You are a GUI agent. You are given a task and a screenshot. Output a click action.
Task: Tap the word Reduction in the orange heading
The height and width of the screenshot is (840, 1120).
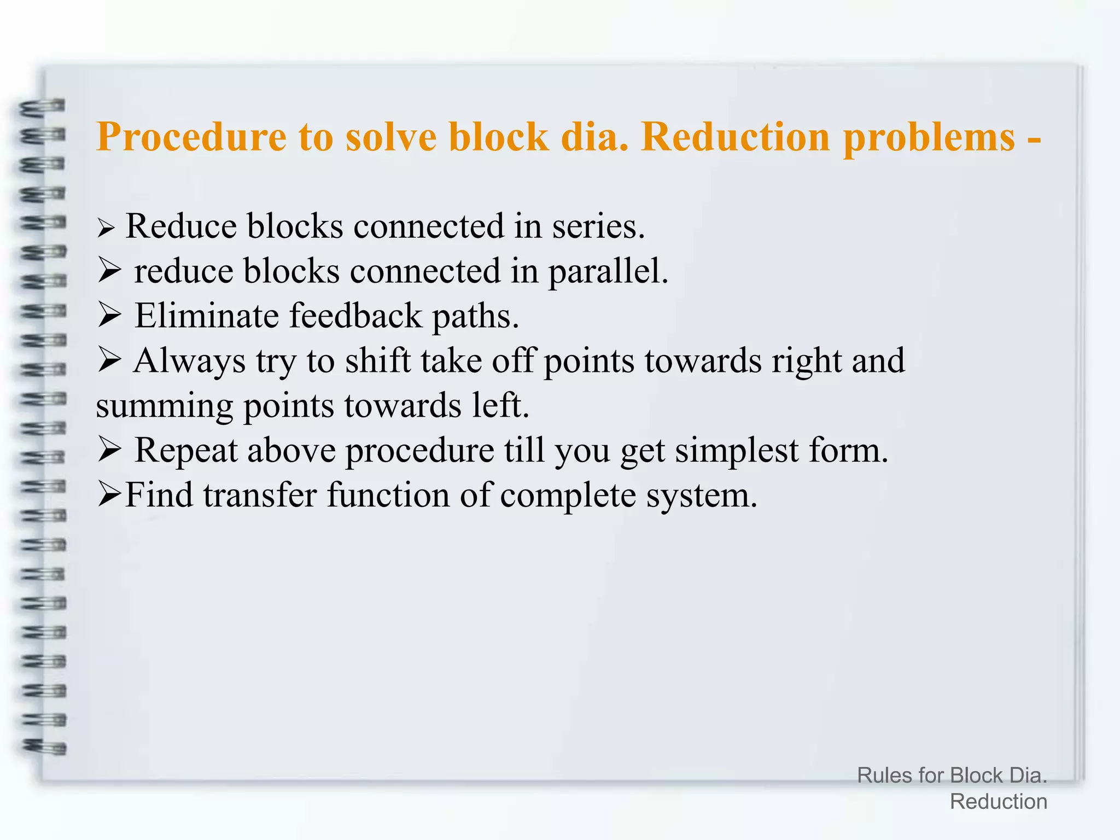coord(736,137)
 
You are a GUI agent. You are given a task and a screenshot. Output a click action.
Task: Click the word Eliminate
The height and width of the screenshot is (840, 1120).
coord(206,316)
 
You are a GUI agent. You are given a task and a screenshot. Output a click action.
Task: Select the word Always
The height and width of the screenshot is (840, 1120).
coord(190,361)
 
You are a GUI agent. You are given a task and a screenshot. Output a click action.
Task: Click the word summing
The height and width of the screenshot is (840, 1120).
coord(164,406)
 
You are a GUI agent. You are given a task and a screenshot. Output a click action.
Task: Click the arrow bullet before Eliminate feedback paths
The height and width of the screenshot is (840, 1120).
coord(109,316)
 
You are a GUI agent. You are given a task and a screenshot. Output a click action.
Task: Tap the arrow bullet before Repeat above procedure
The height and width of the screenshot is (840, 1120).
coord(109,451)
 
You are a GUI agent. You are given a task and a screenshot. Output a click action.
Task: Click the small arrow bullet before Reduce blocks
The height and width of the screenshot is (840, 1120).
coord(106,228)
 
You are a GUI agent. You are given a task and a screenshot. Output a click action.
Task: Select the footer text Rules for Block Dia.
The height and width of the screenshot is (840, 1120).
coord(952,775)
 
